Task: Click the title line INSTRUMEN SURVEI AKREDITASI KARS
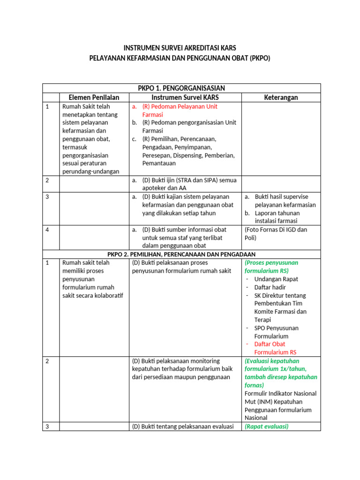click(x=180, y=48)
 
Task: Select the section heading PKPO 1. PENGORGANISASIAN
click(x=181, y=88)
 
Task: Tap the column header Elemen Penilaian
click(x=94, y=97)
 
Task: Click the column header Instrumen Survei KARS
click(x=185, y=97)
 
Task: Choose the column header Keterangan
click(x=281, y=97)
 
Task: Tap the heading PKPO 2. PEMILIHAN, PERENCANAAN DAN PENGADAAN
click(x=181, y=254)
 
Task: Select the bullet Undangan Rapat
click(x=276, y=279)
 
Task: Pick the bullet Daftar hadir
click(x=270, y=287)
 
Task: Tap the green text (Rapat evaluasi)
click(x=266, y=427)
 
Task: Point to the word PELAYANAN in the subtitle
click(x=108, y=59)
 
